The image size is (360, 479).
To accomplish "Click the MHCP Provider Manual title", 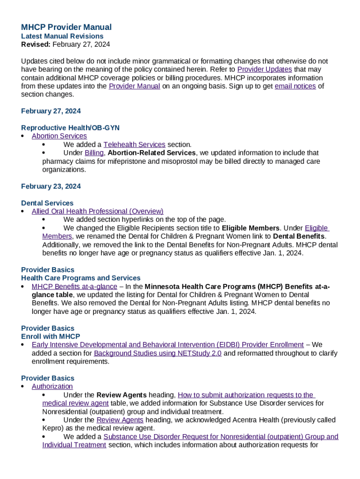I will pyautogui.click(x=66, y=27).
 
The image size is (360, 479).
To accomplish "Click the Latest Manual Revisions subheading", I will pyautogui.click(x=62, y=36).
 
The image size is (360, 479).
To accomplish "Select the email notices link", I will pyautogui.click(x=295, y=86).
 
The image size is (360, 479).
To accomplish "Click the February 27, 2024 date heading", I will pyautogui.click(x=51, y=111).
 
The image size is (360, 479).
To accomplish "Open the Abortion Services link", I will pyautogui.click(x=59, y=136).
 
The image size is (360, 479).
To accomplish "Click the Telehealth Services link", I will pyautogui.click(x=134, y=145).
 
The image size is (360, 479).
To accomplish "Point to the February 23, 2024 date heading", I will pyautogui.click(x=51, y=186).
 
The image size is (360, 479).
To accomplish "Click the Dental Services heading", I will pyautogui.click(x=47, y=203).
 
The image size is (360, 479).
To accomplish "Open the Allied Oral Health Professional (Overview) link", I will pyautogui.click(x=97, y=211).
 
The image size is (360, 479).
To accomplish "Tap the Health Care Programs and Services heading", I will pyautogui.click(x=81, y=278).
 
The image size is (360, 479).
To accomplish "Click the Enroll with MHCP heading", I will pyautogui.click(x=50, y=336).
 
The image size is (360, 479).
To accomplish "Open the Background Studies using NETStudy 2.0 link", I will pyautogui.click(x=158, y=353).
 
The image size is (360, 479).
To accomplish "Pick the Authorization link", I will pyautogui.click(x=52, y=386).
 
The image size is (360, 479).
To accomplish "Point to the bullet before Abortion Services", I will pyautogui.click(x=23, y=136).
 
